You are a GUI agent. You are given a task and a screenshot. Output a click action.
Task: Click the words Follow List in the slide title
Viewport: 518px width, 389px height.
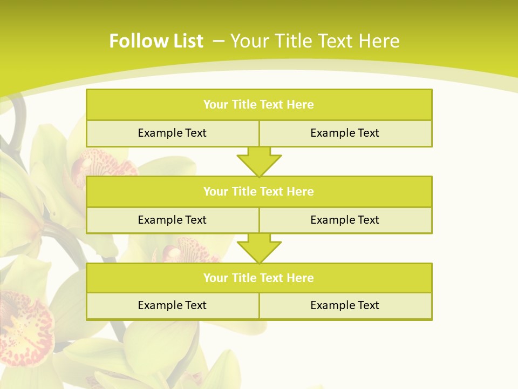156,41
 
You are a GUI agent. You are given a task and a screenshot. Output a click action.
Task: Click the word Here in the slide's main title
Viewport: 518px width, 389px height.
379,41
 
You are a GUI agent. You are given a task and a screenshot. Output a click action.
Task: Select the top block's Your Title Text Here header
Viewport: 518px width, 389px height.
258,105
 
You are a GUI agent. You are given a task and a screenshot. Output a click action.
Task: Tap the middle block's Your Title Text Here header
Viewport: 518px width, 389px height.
258,192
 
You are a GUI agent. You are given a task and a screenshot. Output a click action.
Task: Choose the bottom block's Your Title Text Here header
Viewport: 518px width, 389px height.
258,278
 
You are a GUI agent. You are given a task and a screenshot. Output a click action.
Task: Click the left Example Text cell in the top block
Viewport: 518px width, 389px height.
172,133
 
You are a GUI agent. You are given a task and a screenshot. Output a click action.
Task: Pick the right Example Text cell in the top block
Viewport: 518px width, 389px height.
345,133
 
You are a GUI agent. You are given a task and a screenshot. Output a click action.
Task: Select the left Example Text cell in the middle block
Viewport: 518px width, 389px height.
172,220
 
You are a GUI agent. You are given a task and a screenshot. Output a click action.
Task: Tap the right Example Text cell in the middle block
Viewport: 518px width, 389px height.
345,220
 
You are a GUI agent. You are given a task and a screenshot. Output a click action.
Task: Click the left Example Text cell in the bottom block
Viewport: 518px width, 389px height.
172,305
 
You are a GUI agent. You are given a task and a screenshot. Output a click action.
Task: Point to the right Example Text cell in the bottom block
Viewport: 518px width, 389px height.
345,305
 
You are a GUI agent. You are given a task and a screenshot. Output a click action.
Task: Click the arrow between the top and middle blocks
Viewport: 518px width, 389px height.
259,162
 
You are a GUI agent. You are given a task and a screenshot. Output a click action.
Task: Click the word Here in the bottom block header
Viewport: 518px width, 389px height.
301,278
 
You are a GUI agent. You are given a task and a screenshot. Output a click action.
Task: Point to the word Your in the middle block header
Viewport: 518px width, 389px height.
216,192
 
